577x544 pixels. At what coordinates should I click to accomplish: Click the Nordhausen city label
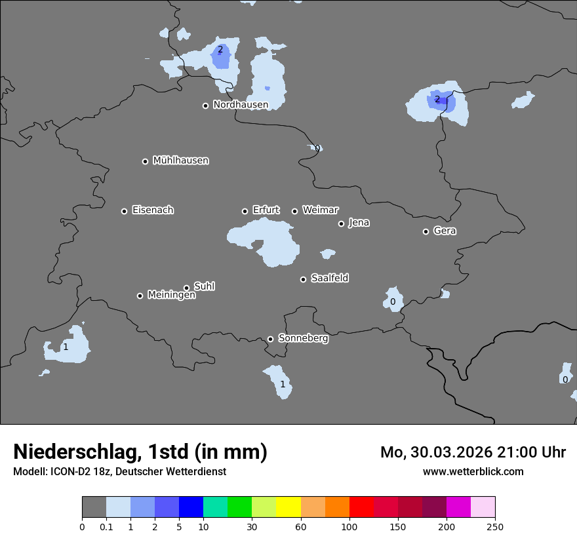point(241,105)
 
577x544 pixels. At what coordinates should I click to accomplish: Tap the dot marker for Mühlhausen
point(146,161)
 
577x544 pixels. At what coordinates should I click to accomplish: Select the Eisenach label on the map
point(153,210)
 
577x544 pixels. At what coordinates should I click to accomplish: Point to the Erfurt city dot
point(245,211)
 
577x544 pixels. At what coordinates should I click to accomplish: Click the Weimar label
point(320,210)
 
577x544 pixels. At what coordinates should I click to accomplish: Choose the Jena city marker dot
point(341,223)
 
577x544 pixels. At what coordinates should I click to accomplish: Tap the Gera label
point(445,231)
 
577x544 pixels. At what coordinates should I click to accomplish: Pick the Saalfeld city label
point(330,279)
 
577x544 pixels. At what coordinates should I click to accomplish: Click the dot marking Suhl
point(187,288)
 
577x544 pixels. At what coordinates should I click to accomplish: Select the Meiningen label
point(171,296)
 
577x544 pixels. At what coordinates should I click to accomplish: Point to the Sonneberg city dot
point(270,339)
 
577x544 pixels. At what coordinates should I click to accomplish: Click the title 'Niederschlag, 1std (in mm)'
point(140,452)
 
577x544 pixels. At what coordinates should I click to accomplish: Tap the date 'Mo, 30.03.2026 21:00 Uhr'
point(473,452)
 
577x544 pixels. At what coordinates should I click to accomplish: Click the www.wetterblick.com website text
point(473,471)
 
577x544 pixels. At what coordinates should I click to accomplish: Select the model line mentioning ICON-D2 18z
point(119,471)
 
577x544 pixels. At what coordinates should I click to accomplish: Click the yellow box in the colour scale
point(288,507)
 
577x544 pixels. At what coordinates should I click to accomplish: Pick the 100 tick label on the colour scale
point(349,526)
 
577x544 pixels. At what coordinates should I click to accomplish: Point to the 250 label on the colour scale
point(495,526)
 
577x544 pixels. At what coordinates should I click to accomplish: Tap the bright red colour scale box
point(361,507)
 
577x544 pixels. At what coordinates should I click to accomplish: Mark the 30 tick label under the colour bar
point(252,526)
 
